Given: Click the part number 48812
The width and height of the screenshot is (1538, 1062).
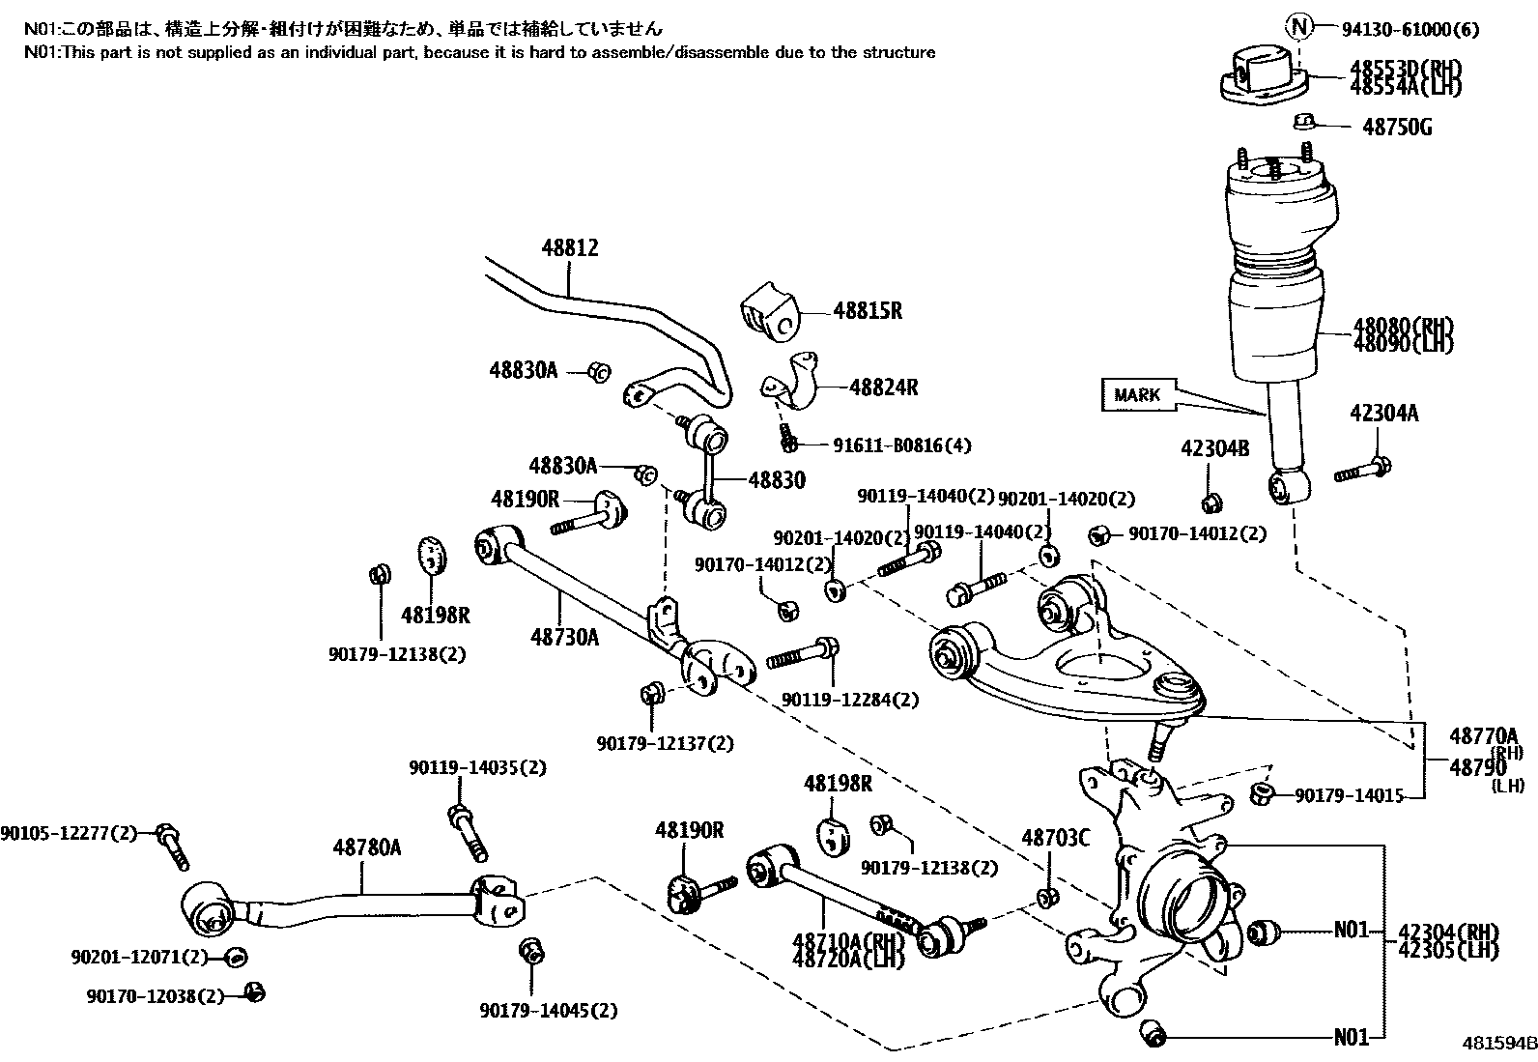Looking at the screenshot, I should [570, 248].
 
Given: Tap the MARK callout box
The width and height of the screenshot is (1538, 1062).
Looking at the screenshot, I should [1137, 394].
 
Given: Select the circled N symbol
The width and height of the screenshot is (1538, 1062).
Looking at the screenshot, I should [1300, 28].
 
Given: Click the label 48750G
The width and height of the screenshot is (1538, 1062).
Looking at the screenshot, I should [1397, 127].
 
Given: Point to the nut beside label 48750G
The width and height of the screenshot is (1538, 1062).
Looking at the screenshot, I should [1304, 122].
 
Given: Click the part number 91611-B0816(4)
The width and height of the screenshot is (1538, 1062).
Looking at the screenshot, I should [901, 445].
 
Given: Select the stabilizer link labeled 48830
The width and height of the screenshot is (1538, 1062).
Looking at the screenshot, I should [706, 479].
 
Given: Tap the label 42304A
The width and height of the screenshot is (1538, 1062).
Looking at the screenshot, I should [1383, 414].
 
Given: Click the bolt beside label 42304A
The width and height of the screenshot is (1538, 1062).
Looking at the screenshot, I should [1362, 472].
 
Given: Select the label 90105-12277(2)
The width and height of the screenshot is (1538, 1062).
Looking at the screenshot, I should [69, 832].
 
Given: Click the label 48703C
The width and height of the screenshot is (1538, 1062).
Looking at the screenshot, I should [1055, 838].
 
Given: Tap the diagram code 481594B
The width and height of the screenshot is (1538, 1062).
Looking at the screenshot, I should [1497, 1045].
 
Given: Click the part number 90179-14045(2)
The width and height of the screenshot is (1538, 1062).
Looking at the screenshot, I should [548, 1011].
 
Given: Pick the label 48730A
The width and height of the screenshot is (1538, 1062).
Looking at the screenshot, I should [564, 636].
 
